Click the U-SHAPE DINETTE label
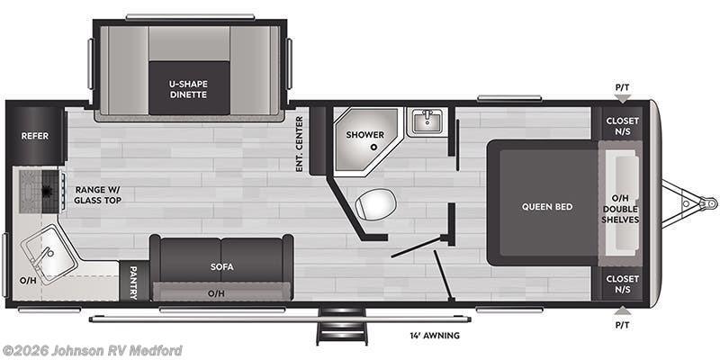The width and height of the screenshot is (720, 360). pos(188,88)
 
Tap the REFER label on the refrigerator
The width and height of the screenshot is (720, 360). pos(35,136)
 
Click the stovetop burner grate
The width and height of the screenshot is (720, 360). pos(39,190)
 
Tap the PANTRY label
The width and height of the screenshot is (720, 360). pos(133,282)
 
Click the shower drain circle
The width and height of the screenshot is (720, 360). pos(372,146)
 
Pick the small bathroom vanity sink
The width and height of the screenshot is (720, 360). pos(426,121)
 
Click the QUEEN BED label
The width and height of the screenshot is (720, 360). pos(547,207)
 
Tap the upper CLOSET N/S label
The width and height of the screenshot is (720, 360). pos(622,125)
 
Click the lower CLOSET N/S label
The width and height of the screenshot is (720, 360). pos(622,284)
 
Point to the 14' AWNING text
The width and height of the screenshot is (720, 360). pos(434,336)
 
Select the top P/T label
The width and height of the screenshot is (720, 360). pos(622,87)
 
